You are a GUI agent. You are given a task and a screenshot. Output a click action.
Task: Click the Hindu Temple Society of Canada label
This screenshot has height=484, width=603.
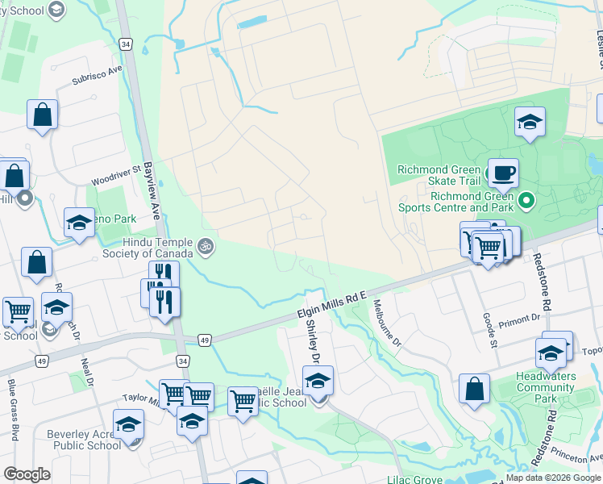158,248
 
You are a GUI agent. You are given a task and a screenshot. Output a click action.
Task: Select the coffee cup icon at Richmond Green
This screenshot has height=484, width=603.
503,172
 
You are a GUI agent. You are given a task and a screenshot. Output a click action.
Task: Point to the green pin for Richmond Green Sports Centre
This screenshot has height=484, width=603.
526,198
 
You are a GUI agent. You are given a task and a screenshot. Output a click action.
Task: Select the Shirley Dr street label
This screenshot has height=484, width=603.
313,340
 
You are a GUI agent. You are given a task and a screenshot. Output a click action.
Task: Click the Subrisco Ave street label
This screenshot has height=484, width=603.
96,80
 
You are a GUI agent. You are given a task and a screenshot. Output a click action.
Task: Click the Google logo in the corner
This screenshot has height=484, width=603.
27,474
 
